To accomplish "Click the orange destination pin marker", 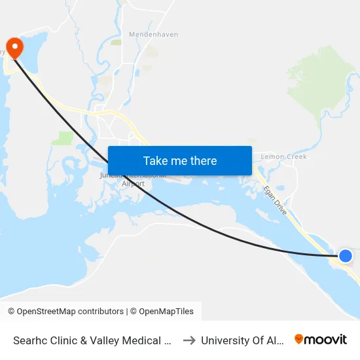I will (x=13, y=47).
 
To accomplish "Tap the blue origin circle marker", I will (x=345, y=255).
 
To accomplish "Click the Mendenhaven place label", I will (x=153, y=34).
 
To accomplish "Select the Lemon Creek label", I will (x=283, y=157).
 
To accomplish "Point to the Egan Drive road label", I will (x=274, y=199).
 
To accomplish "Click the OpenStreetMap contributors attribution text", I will (x=66, y=312).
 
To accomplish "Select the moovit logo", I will (x=320, y=340).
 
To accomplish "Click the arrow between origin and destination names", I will (x=189, y=340).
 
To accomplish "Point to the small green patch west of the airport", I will (x=65, y=138).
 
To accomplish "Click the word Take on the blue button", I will (x=156, y=161).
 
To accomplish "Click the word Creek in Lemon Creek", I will (x=295, y=157).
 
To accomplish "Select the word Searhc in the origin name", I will (x=31, y=340).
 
